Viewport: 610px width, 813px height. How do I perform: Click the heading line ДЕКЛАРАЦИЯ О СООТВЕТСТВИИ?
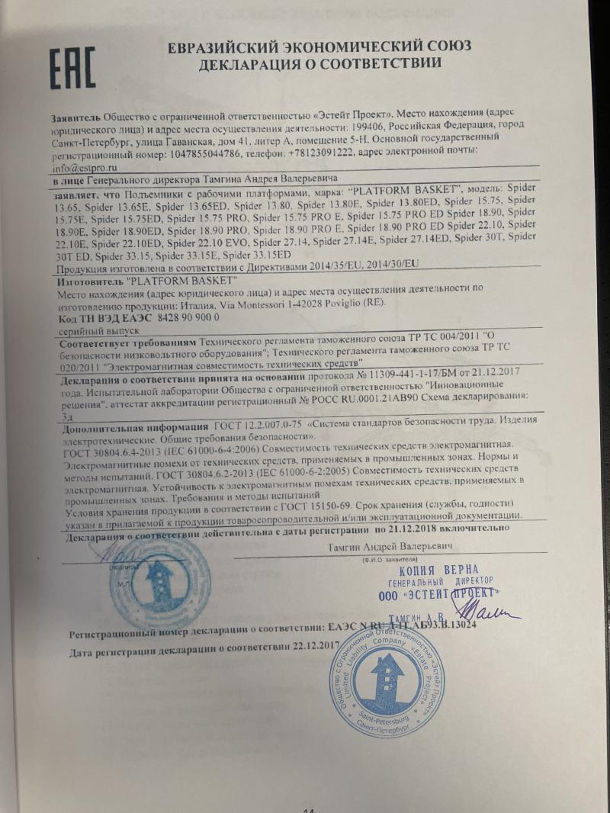[x=320, y=63]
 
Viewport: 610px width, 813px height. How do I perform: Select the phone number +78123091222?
[x=320, y=153]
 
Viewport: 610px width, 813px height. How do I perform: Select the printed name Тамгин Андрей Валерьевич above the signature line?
[x=390, y=547]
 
